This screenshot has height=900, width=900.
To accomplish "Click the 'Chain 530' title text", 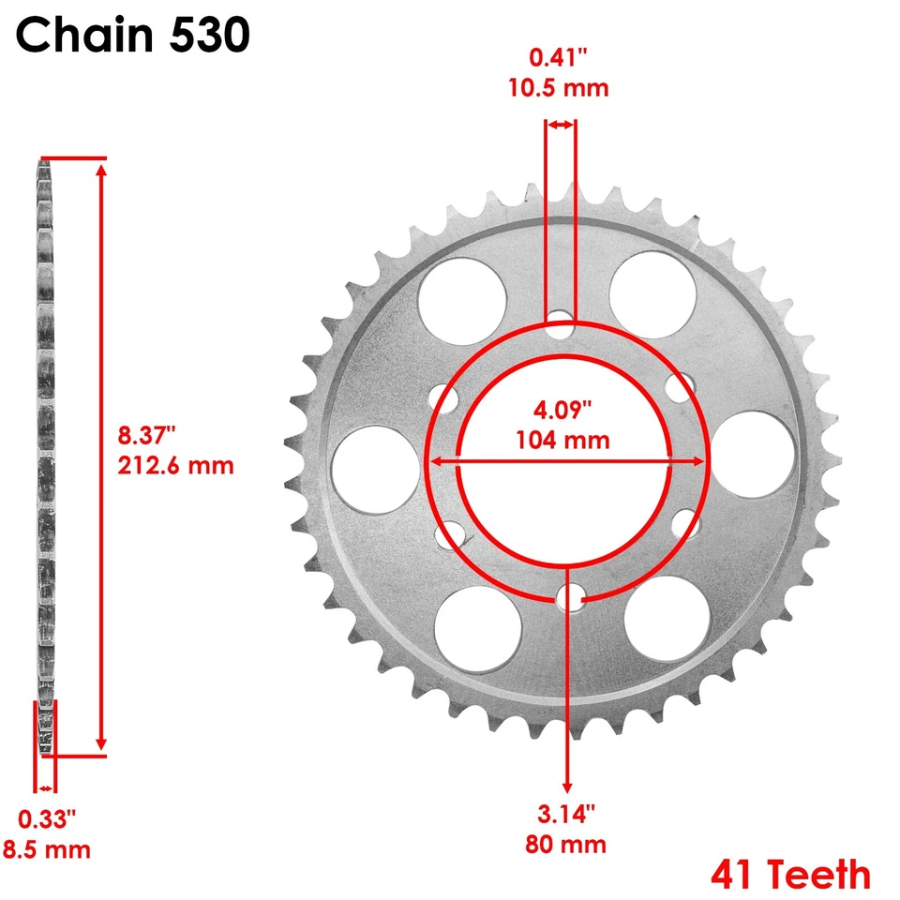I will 133,36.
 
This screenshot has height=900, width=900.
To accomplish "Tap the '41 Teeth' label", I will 790,874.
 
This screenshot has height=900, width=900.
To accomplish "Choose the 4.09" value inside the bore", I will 566,411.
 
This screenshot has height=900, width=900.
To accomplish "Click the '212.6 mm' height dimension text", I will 175,464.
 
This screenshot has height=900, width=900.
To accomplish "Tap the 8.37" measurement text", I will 147,435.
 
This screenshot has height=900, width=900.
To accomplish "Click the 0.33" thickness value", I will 47,819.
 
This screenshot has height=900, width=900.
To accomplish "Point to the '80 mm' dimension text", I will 566,843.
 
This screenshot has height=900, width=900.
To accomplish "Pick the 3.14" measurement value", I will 566,812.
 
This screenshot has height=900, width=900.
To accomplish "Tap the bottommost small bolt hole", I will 566,597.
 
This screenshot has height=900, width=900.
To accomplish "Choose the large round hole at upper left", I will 461,293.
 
